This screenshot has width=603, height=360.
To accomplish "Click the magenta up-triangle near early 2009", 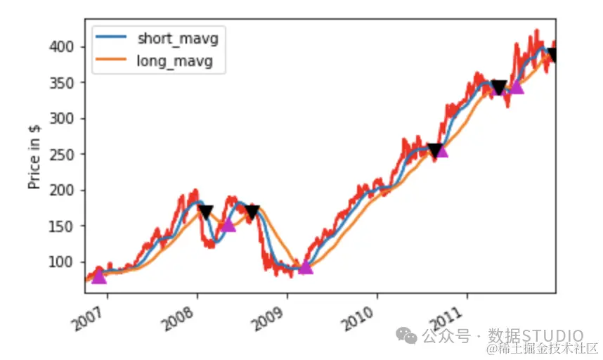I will [305, 266].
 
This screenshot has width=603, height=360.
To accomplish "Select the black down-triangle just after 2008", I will [205, 211].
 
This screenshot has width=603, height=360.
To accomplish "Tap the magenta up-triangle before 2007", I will [99, 276].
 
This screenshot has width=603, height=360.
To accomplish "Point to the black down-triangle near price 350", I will [499, 88].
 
